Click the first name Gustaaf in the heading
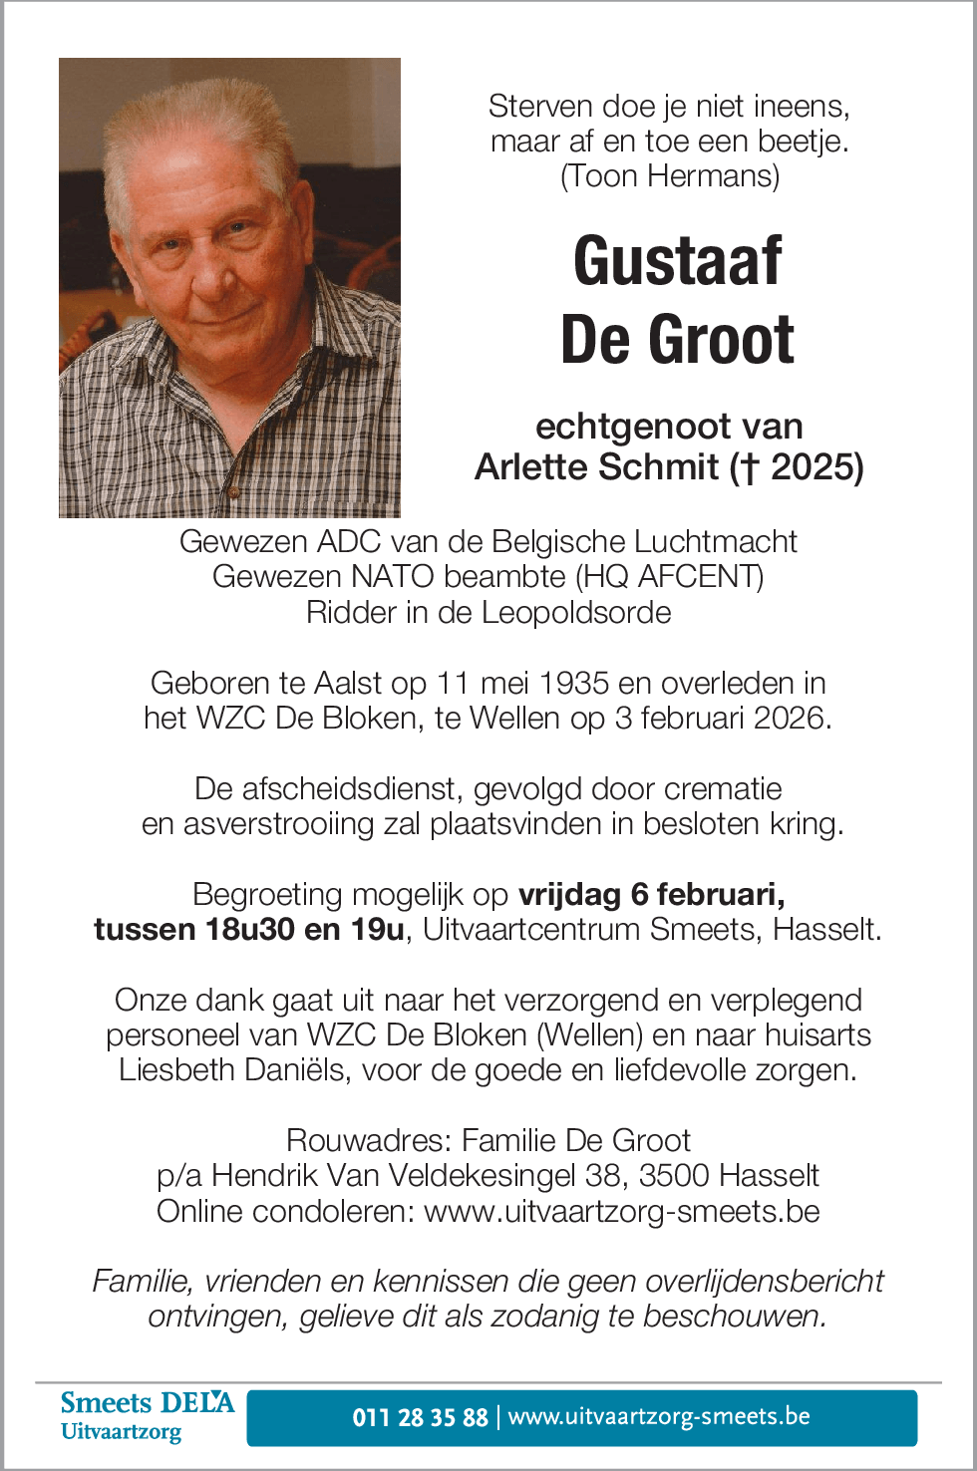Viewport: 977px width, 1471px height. click(x=677, y=261)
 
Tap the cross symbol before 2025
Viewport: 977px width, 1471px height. click(x=745, y=467)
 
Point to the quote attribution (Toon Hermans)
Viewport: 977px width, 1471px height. click(x=670, y=176)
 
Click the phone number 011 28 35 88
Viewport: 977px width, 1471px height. click(x=420, y=1417)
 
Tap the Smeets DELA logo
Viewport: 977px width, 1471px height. click(x=147, y=1416)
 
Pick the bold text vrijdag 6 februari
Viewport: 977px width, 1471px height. click(x=651, y=894)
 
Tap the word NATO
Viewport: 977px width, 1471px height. click(x=393, y=577)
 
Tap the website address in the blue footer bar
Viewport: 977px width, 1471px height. click(x=659, y=1417)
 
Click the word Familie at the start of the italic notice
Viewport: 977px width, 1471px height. click(x=131, y=1282)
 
